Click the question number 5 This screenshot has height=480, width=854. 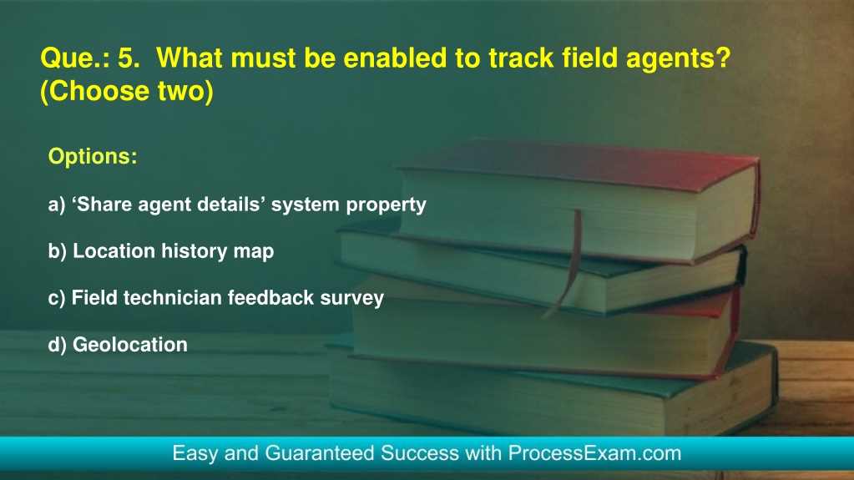pyautogui.click(x=129, y=58)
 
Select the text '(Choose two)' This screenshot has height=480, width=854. pyautogui.click(x=127, y=91)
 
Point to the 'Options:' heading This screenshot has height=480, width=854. pyautogui.click(x=93, y=156)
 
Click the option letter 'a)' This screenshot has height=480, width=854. pyautogui.click(x=57, y=205)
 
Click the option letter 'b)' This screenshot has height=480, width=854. pyautogui.click(x=58, y=251)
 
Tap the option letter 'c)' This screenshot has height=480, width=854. pyautogui.click(x=57, y=298)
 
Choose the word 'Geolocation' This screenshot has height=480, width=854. pyautogui.click(x=130, y=345)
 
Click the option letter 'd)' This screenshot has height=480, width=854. pyautogui.click(x=58, y=345)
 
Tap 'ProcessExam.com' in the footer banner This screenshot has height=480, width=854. pyautogui.click(x=594, y=453)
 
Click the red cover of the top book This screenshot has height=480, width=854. pyautogui.click(x=579, y=165)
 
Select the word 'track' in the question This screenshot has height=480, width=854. pyautogui.click(x=521, y=58)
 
